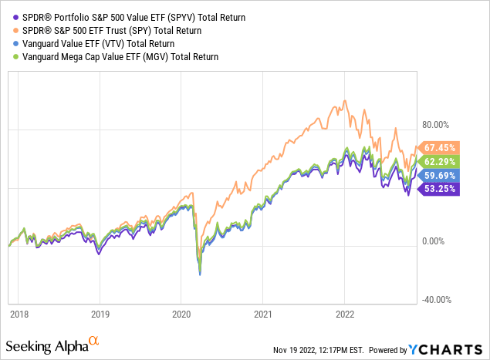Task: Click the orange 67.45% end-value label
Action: (x=441, y=147)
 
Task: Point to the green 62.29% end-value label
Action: (x=441, y=160)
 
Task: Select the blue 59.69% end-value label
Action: (x=441, y=174)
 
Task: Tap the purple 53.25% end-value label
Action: (x=441, y=188)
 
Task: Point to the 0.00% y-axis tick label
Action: (x=444, y=241)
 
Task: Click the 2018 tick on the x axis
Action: (x=18, y=315)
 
